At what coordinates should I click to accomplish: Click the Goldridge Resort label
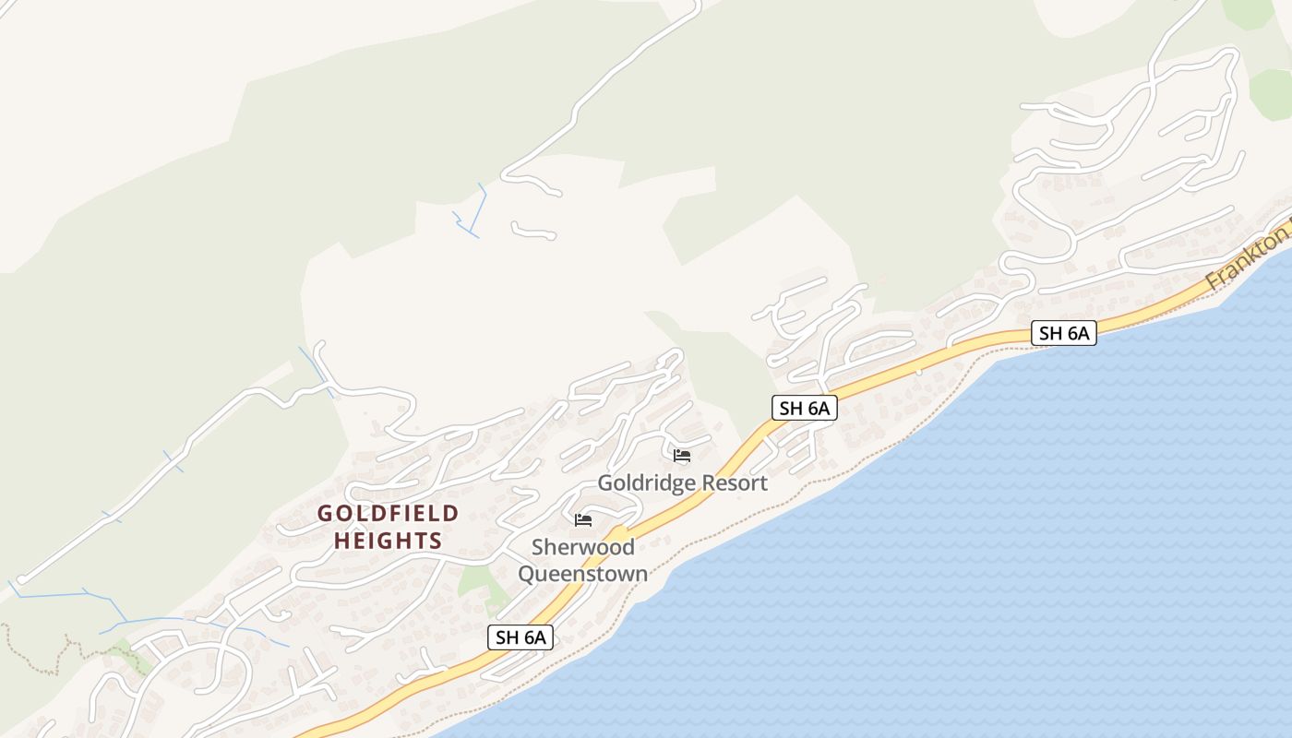pos(682,482)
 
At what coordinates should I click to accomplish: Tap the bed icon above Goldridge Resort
pos(682,456)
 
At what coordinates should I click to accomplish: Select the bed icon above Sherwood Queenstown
pos(583,520)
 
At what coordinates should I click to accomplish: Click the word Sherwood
pos(582,547)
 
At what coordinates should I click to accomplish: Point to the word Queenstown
pos(582,573)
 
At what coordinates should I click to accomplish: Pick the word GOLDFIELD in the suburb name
pos(388,513)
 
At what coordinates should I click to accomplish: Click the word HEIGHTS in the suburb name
pos(388,541)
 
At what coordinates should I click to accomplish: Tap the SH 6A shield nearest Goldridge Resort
pos(804,408)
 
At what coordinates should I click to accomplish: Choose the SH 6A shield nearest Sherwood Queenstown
pos(520,637)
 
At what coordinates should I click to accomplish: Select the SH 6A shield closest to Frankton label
pos(1063,333)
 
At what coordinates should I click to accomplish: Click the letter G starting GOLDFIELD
pos(325,513)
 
